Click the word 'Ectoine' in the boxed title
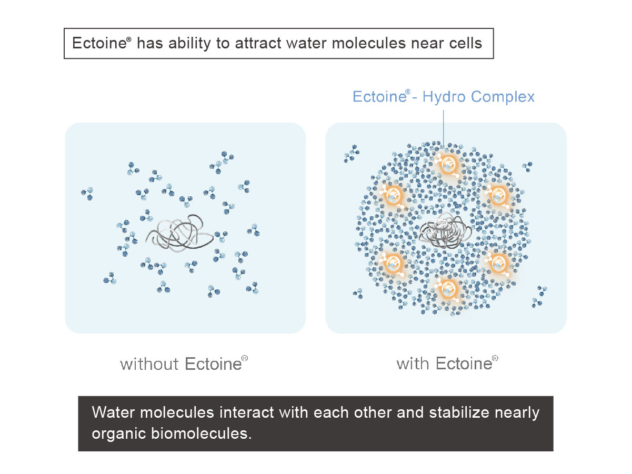[x=99, y=43]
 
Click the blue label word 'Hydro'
[x=444, y=97]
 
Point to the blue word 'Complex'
[x=503, y=97]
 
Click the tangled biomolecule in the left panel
[x=179, y=234]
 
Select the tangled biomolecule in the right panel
[x=444, y=231]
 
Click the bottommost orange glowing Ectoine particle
[x=448, y=289]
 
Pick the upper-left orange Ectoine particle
[x=393, y=196]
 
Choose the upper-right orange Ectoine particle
[x=498, y=196]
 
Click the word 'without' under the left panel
[x=149, y=364]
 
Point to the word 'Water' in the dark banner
[x=113, y=412]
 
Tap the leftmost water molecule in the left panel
[x=87, y=194]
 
